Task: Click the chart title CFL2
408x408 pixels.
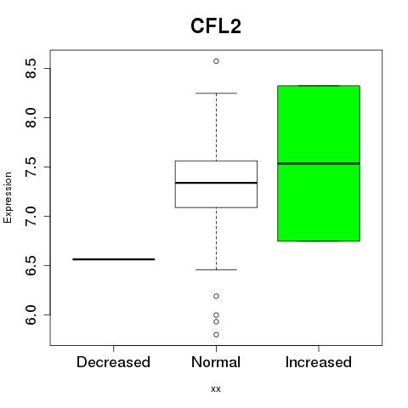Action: pos(216,26)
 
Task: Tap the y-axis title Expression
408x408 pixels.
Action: pos(8,197)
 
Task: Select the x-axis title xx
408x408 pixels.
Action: pos(216,388)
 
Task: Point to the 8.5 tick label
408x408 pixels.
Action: pos(31,68)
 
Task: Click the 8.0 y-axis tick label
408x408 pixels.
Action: pos(31,117)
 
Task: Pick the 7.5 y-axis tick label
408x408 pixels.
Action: pos(31,167)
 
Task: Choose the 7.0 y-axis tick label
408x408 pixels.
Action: pos(31,216)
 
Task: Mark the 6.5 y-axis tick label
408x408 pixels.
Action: pos(31,265)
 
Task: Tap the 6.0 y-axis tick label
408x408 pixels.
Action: pos(31,314)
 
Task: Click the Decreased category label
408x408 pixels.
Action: pos(113,362)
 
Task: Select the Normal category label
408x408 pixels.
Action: pos(216,362)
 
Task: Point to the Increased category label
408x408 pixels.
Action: pos(319,362)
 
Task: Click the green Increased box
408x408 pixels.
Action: pos(319,163)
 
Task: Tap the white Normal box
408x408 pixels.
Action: pos(216,184)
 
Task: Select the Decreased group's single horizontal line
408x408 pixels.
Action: pos(114,259)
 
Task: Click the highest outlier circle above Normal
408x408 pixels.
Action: pos(216,61)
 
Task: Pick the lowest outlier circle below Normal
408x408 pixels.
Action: pos(216,335)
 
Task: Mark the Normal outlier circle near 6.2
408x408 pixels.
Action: pos(216,296)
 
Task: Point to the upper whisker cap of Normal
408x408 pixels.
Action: pos(216,93)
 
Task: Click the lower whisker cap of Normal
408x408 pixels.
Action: pos(216,269)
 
